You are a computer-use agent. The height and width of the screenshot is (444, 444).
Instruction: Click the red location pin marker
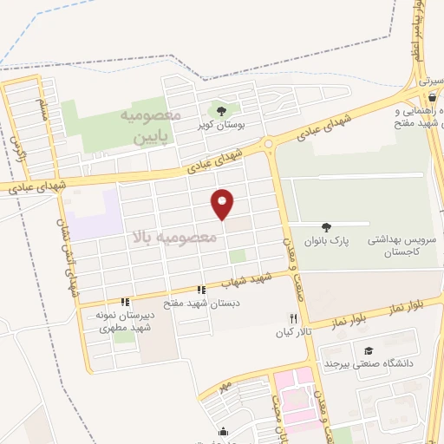(x=223, y=203)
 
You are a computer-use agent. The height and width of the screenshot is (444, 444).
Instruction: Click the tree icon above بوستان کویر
(x=222, y=110)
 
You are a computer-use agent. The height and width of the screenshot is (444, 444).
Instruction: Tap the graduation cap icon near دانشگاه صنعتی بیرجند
(x=369, y=350)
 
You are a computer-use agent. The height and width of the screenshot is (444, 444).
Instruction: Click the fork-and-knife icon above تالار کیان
(x=292, y=319)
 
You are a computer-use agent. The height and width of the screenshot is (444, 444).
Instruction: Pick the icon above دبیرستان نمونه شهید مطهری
(x=126, y=303)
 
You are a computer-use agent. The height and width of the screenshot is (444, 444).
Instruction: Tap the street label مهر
(x=225, y=383)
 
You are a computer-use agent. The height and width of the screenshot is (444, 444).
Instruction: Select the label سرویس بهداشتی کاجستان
(x=399, y=242)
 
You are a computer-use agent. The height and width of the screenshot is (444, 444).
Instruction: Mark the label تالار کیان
(x=293, y=333)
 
